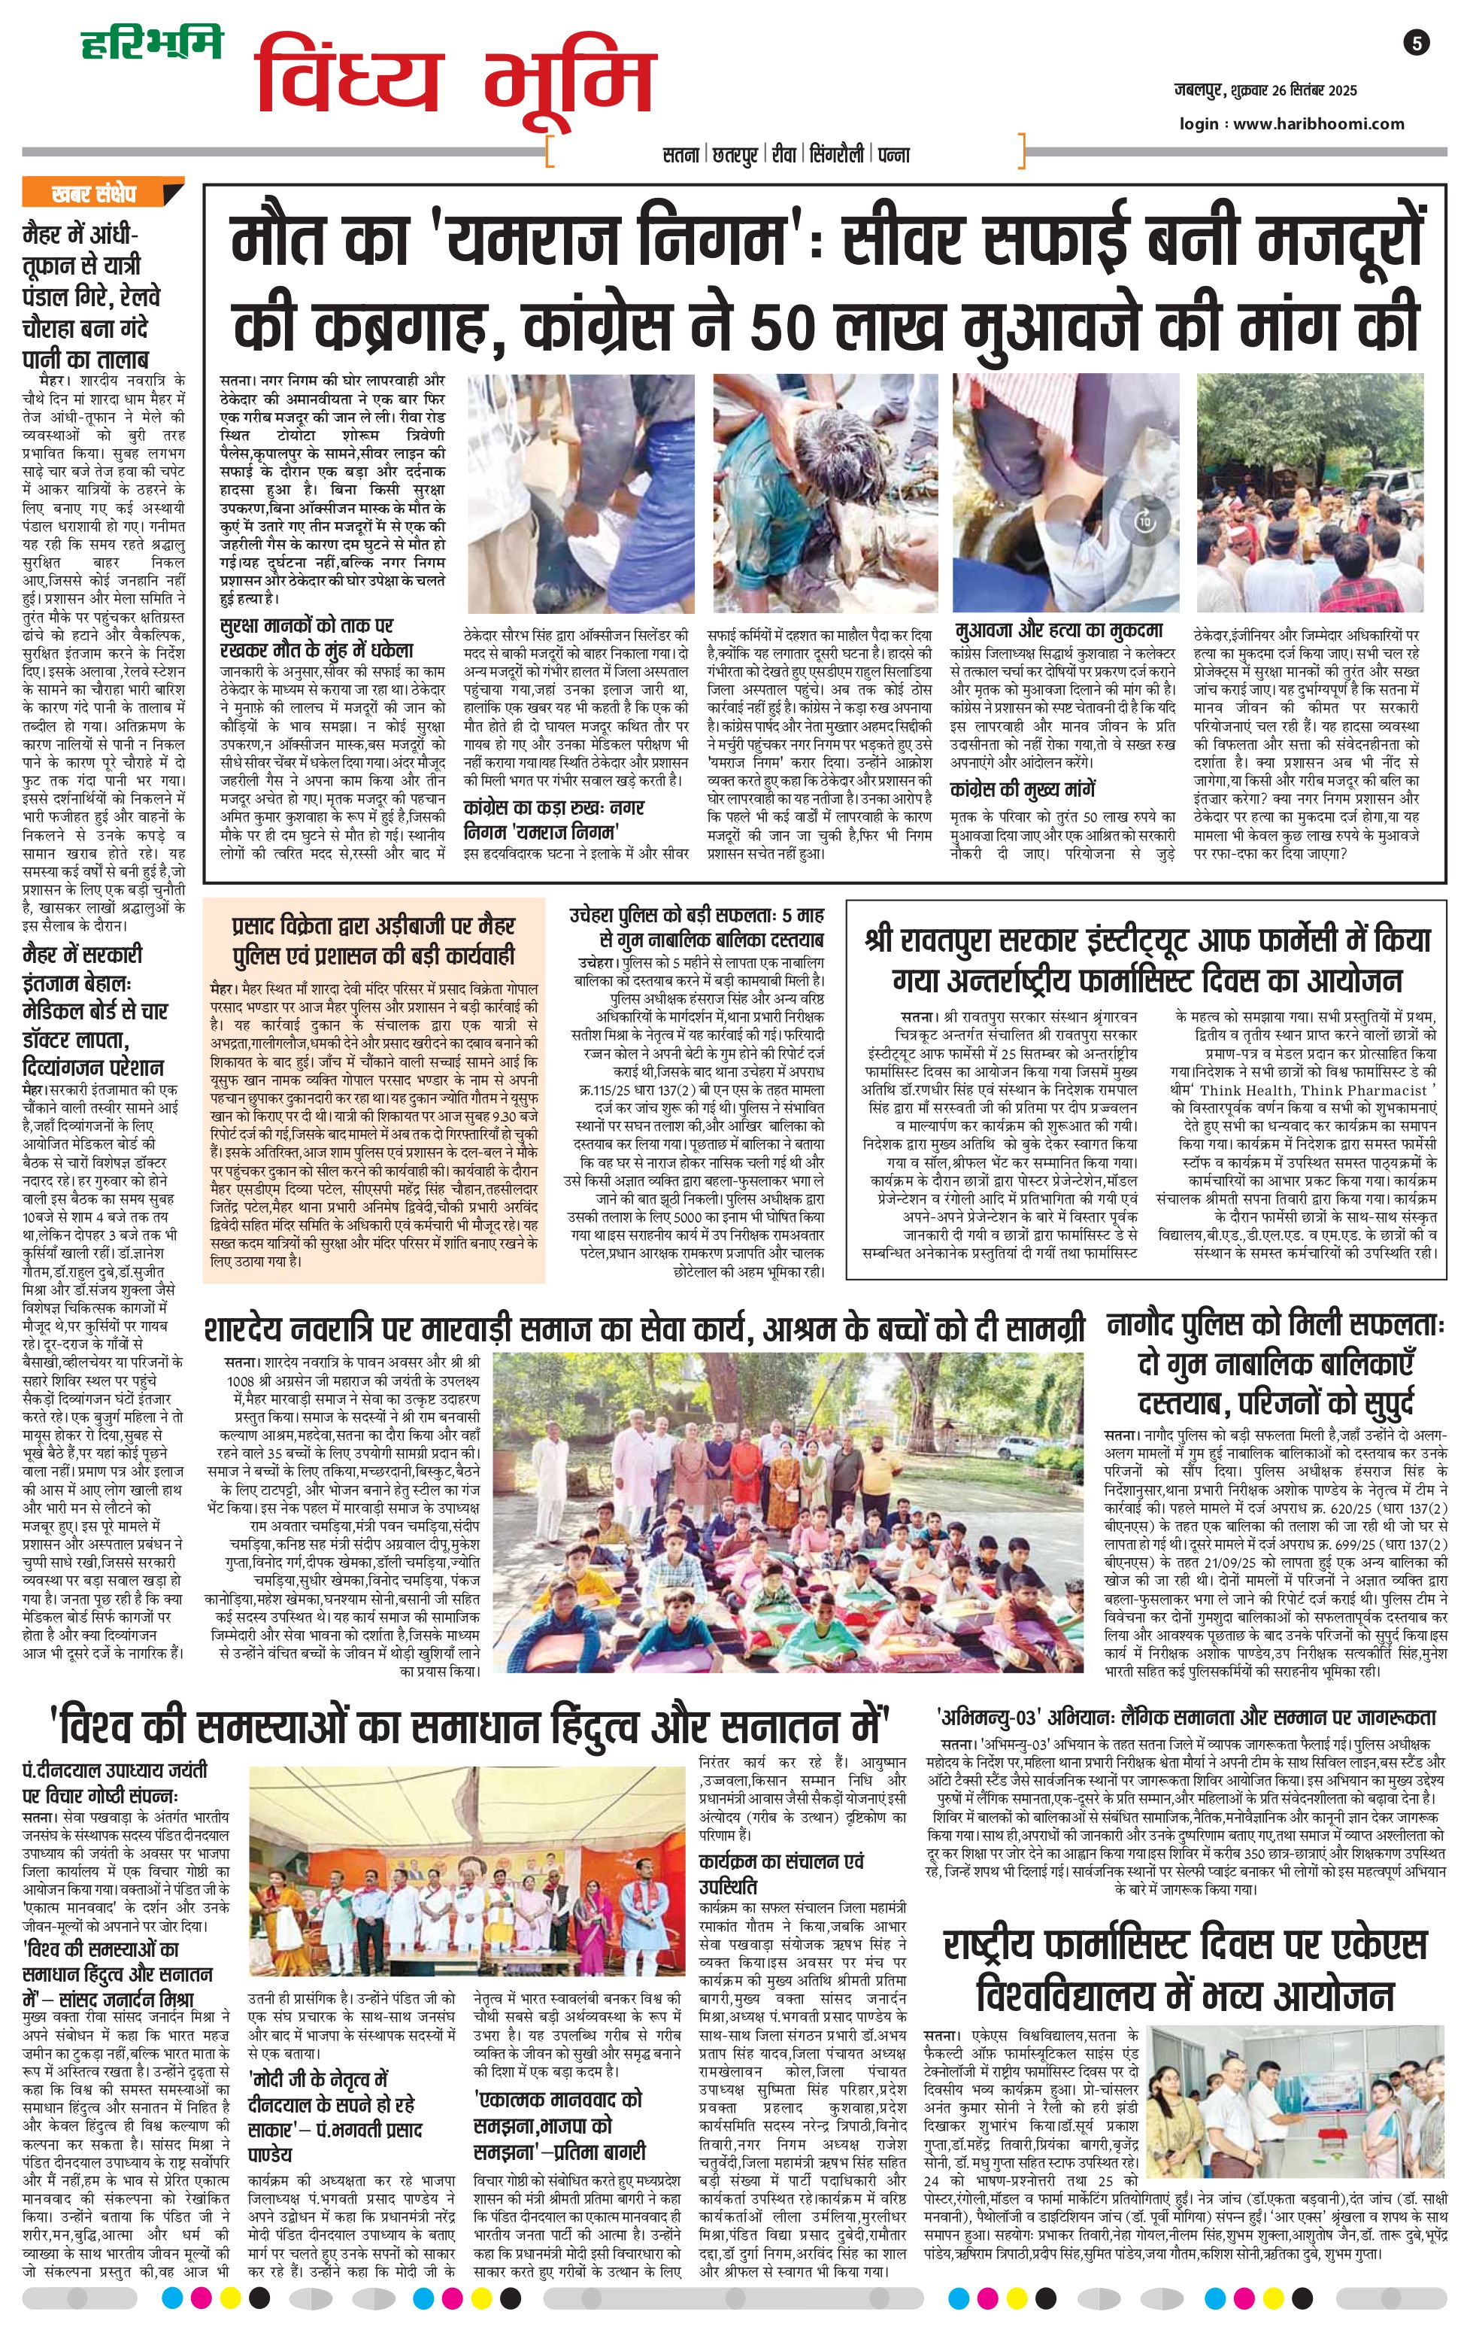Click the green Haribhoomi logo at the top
tap(151, 43)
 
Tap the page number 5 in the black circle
tap(1416, 43)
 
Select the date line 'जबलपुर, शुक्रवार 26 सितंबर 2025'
tap(1265, 91)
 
